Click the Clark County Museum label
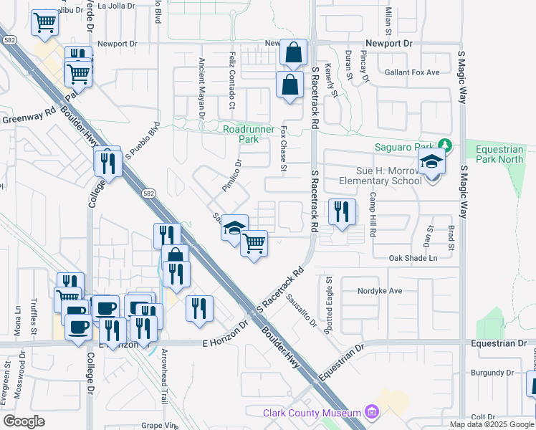tap(311, 414)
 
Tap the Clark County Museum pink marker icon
tap(371, 412)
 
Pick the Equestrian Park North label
tap(500, 154)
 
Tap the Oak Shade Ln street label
tap(413, 258)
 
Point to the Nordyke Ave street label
tap(381, 291)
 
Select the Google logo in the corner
tap(24, 421)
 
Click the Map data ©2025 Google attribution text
tap(492, 424)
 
